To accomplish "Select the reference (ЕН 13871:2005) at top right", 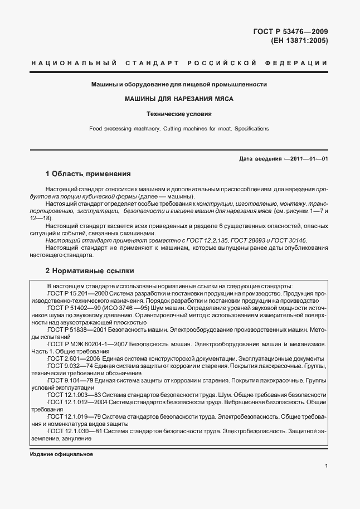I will pos(299,41).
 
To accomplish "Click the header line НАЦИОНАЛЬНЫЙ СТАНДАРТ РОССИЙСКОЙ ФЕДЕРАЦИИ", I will pos(179,63).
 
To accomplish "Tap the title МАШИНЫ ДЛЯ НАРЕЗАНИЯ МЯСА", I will pos(179,99).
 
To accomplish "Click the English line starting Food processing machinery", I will pos(179,128).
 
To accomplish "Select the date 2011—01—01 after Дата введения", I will pos(308,159).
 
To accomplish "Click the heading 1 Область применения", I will pos(87,173).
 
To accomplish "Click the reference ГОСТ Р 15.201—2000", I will pos(77,292).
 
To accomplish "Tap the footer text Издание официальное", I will pos(61,454).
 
